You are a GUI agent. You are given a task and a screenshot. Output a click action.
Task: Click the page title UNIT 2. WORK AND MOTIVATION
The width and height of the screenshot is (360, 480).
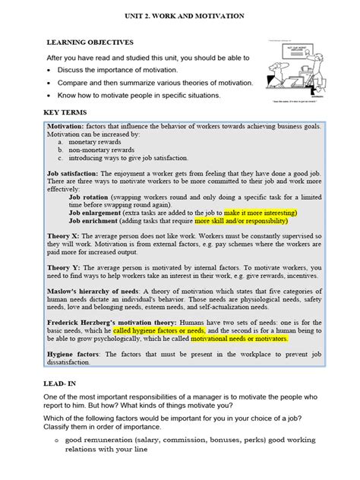[179, 15]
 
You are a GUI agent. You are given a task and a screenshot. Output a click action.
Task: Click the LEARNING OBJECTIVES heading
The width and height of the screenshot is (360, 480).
[90, 43]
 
